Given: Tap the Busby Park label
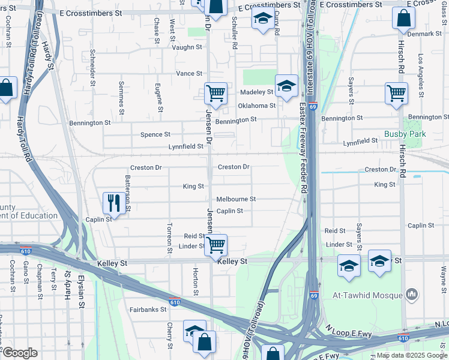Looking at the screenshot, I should pyautogui.click(x=406, y=134).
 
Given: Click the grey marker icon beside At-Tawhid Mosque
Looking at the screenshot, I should pyautogui.click(x=411, y=294).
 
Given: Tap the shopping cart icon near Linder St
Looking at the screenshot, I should pyautogui.click(x=215, y=244).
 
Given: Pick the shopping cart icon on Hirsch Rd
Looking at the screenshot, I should pyautogui.click(x=396, y=94).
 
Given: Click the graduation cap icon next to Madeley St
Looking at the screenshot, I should pyautogui.click(x=286, y=85).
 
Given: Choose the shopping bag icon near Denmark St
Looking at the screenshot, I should pyautogui.click(x=403, y=18).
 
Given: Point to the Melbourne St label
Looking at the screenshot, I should pyautogui.click(x=236, y=199).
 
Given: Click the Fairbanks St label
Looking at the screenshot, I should pyautogui.click(x=147, y=310).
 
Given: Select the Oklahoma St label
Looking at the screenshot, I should pyautogui.click(x=256, y=106).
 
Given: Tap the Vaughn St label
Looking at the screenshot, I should pyautogui.click(x=187, y=47).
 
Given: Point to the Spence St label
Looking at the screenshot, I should pyautogui.click(x=155, y=134).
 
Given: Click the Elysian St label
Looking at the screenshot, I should pyautogui.click(x=80, y=291).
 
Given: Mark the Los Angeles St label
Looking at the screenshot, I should pyautogui.click(x=420, y=73).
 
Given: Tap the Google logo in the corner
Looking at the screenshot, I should pyautogui.click(x=19, y=353).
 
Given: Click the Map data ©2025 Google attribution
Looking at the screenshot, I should pyautogui.click(x=411, y=355).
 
